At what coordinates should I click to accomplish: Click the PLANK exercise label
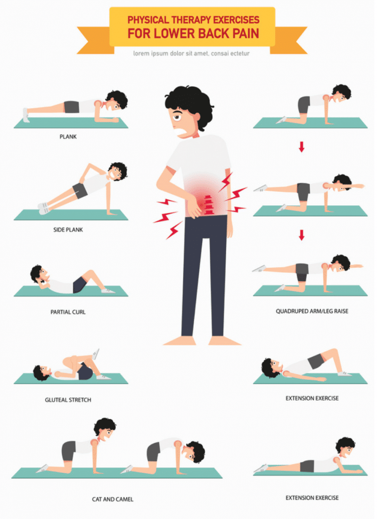(x=68, y=136)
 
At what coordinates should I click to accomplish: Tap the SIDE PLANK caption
(x=68, y=230)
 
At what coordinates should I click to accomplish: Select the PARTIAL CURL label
(x=68, y=312)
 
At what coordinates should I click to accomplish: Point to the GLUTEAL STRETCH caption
(x=68, y=400)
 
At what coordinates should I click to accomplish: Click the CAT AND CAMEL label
(x=113, y=499)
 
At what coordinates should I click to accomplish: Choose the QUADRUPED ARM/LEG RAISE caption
(x=312, y=311)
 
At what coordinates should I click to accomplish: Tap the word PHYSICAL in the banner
(x=148, y=20)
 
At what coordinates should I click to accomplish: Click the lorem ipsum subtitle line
(x=191, y=53)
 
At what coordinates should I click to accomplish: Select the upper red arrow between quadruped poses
(x=301, y=147)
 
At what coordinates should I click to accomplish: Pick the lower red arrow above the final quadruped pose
(x=301, y=235)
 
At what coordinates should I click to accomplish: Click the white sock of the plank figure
(x=25, y=115)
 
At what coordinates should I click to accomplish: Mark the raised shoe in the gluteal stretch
(x=96, y=354)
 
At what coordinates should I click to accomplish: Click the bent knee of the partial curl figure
(x=90, y=273)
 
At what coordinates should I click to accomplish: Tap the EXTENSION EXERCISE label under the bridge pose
(x=312, y=398)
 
